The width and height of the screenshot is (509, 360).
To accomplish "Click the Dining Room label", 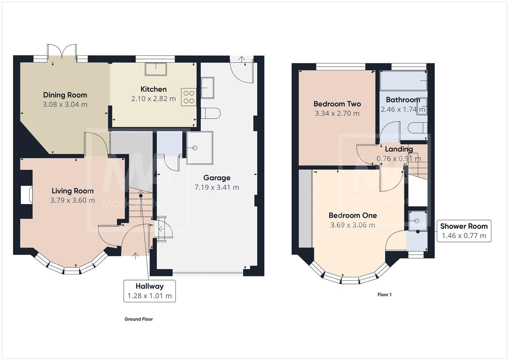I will click(x=65, y=95).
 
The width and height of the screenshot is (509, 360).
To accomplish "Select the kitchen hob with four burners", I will click(x=189, y=97).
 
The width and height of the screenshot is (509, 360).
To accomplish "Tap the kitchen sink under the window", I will click(x=156, y=69).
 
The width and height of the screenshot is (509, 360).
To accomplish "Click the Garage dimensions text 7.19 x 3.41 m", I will click(x=217, y=187).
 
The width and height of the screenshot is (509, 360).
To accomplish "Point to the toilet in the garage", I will click(x=211, y=113).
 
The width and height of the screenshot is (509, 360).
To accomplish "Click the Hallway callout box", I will click(x=149, y=291).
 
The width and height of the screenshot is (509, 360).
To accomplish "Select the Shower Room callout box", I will click(x=464, y=231).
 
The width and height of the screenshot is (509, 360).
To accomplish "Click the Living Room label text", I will click(x=72, y=191).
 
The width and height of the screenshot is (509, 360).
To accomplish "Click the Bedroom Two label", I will click(x=337, y=104).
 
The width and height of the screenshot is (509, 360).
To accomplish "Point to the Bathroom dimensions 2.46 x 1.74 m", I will click(x=403, y=109).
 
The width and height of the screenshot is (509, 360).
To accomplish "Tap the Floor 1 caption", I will click(x=384, y=295).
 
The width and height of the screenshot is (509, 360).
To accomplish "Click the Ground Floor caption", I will click(x=138, y=319).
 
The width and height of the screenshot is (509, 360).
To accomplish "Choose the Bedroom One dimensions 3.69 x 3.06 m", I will click(x=353, y=225).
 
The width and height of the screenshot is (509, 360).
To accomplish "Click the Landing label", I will click(x=399, y=149).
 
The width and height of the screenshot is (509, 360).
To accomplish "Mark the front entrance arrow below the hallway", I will click(x=135, y=256).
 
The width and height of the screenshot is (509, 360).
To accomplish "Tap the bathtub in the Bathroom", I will click(x=403, y=80).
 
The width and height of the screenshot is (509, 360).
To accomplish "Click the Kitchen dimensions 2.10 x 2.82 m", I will click(x=153, y=99).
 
